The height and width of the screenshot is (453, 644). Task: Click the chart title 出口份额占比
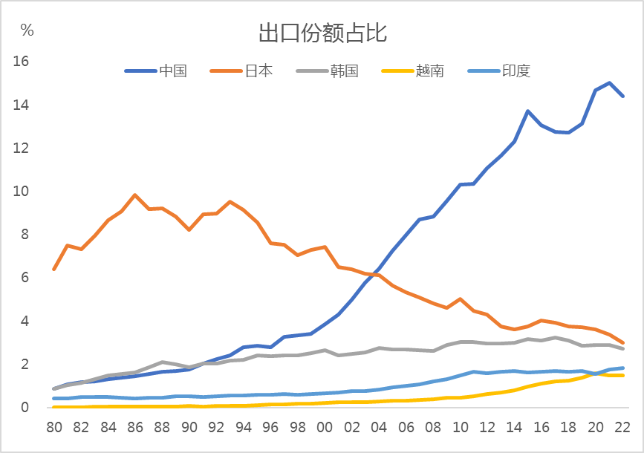[322, 33]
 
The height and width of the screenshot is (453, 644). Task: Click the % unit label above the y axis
[27, 30]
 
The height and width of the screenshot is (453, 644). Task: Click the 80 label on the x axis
[53, 428]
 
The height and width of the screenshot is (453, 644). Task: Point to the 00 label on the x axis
[325, 428]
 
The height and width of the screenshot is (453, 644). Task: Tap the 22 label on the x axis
[622, 428]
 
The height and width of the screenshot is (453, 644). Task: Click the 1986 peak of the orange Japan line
[134, 195]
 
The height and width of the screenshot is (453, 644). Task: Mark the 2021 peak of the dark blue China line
[609, 82]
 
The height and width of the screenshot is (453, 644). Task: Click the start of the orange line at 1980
[53, 269]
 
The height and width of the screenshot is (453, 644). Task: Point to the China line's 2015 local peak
[527, 111]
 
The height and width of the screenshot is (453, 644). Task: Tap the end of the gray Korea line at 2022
[622, 348]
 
